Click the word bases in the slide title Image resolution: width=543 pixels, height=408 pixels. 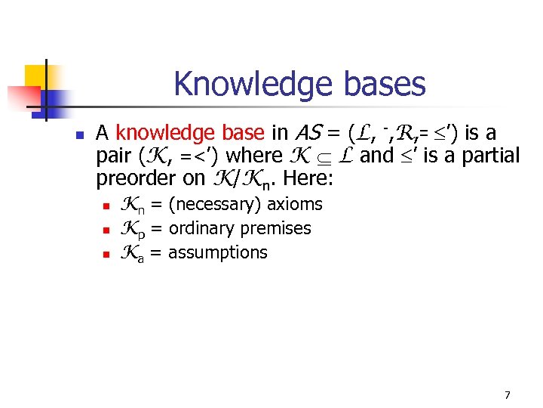(385, 84)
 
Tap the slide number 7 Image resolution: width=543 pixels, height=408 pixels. (507, 394)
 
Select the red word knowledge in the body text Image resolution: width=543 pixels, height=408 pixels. (163, 134)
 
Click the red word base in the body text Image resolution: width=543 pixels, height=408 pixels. (240, 134)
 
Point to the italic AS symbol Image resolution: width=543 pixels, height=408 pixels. (311, 134)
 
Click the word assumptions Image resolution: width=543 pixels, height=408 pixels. (217, 252)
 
